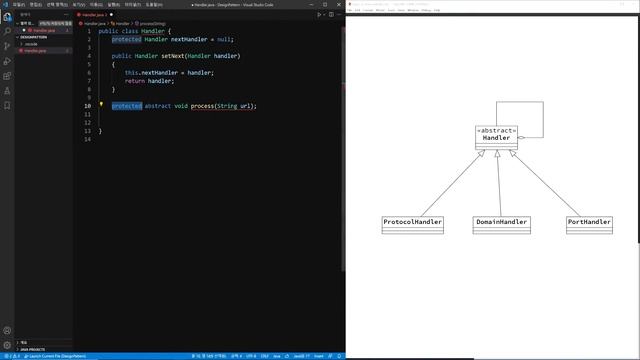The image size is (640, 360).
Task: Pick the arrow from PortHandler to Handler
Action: pyautogui.click(x=549, y=184)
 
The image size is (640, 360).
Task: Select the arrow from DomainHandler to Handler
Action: pyautogui.click(x=498, y=184)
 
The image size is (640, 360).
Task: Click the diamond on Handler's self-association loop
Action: pyautogui.click(x=521, y=138)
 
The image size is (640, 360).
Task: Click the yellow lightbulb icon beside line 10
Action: pyautogui.click(x=102, y=105)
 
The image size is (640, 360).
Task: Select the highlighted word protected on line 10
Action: pyautogui.click(x=127, y=106)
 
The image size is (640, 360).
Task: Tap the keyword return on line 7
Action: pyautogui.click(x=135, y=81)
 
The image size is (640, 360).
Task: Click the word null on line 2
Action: pyautogui.click(x=224, y=39)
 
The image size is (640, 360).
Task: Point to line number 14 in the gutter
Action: pyautogui.click(x=88, y=139)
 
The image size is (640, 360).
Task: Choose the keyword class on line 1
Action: pyautogui.click(x=132, y=31)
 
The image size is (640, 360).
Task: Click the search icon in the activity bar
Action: pyautogui.click(x=7, y=31)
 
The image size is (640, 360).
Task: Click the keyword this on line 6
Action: pyautogui.click(x=131, y=73)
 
